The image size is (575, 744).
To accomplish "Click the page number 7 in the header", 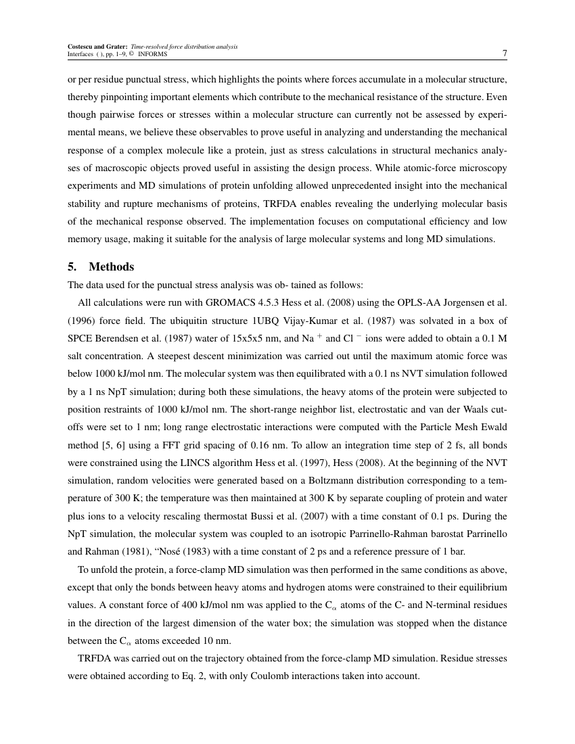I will [504, 53].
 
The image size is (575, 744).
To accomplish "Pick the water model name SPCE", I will [82, 338].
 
